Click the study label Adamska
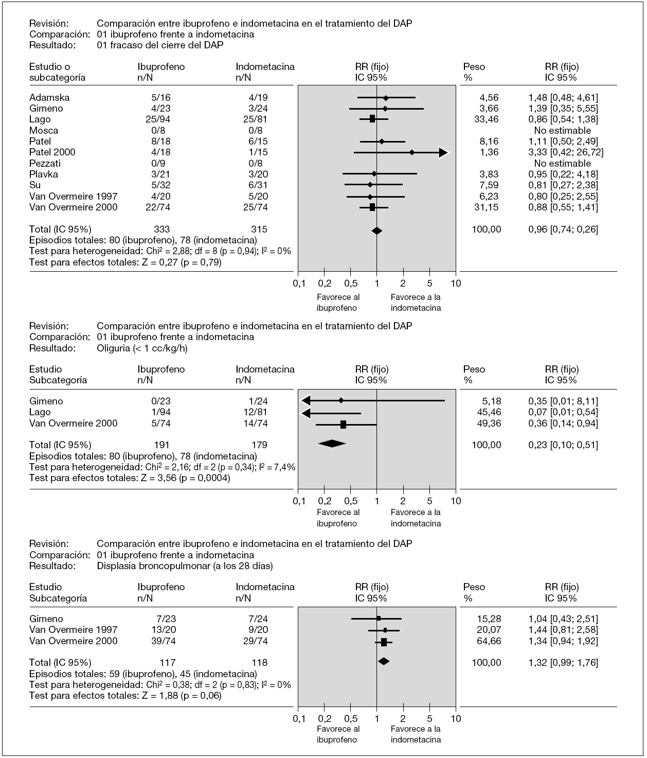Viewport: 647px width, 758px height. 49,97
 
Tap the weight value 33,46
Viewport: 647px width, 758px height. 486,119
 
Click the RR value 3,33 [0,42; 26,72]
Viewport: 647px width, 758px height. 566,152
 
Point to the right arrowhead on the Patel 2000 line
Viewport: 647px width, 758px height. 443,152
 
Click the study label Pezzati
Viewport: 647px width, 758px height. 45,163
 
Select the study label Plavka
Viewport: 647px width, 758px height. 44,174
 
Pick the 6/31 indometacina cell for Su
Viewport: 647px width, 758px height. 257,185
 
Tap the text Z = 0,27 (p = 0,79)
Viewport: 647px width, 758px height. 180,262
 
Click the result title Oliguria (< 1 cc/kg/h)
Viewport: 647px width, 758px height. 142,348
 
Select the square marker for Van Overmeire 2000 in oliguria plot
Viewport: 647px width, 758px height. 343,425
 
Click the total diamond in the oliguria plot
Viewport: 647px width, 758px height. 332,444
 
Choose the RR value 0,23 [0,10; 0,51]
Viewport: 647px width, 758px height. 563,445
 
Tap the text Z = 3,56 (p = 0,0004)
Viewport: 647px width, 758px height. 184,478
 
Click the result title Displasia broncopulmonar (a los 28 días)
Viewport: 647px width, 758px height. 185,566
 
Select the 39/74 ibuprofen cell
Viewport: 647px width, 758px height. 163,641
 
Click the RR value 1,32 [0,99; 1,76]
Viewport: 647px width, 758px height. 563,663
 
